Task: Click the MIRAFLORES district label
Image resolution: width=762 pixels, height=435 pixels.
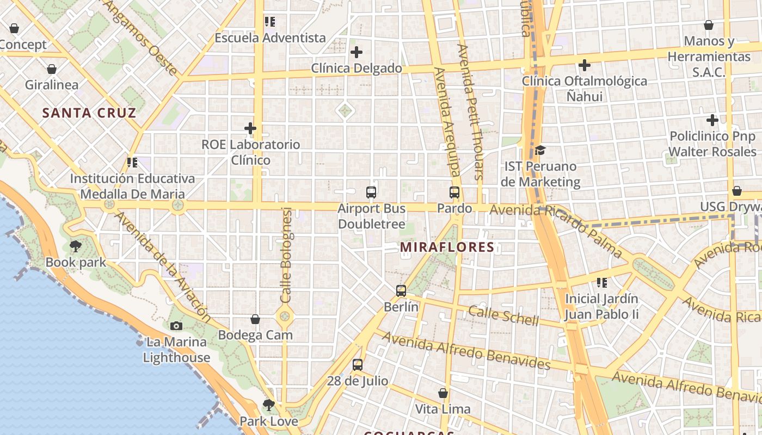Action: [x=447, y=247]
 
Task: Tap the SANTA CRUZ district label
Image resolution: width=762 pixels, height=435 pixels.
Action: [x=89, y=113]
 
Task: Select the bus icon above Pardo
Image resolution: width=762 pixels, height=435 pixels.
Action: [x=454, y=192]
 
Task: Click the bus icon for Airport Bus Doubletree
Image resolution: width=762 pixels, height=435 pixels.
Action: [x=371, y=192]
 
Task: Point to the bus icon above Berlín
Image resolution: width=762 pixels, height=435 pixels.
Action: [x=401, y=290]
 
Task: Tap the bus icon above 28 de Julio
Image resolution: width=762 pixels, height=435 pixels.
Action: [x=357, y=364]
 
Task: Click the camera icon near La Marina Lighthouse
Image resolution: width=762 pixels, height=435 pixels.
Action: [x=176, y=326]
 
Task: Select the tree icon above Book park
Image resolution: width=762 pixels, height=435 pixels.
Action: [x=76, y=246]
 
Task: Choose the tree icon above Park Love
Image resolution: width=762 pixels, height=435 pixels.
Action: [x=268, y=405]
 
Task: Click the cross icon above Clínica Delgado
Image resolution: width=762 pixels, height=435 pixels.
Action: [x=357, y=52]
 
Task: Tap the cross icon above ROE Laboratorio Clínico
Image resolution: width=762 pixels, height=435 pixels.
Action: [x=250, y=128]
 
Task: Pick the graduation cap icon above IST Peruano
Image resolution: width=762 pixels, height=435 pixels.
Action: [x=540, y=150]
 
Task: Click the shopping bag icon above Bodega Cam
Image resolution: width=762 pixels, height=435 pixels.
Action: [x=255, y=319]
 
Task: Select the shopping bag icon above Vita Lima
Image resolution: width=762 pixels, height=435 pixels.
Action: [x=443, y=393]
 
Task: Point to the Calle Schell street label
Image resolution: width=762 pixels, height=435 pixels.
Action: [x=503, y=316]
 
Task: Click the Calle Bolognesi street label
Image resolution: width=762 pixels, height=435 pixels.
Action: [x=287, y=256]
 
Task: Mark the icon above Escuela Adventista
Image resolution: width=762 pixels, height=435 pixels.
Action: [x=270, y=22]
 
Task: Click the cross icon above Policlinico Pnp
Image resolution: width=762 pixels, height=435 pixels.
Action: [x=712, y=120]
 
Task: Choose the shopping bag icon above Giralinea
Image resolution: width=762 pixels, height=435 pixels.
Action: [x=52, y=69]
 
